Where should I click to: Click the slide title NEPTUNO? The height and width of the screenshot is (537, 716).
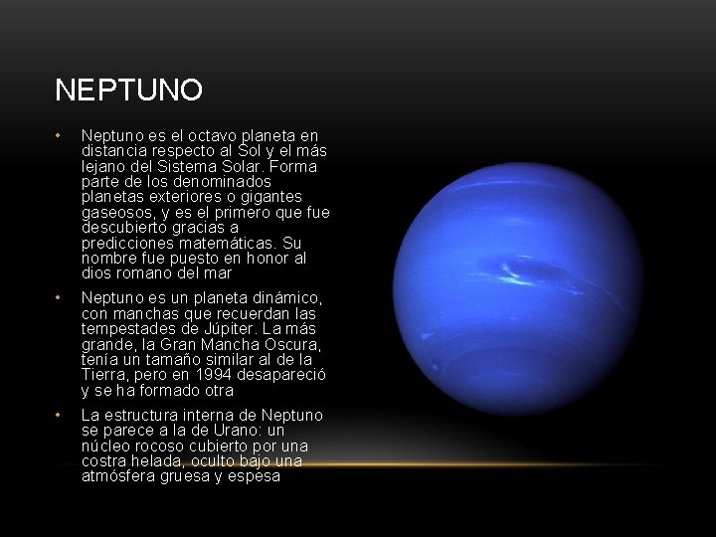pos(129,90)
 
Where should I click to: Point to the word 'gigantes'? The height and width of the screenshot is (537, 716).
pos(301,197)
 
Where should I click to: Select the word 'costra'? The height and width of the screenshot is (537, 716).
pos(104,460)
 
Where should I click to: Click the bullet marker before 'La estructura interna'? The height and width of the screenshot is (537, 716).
pos(60,415)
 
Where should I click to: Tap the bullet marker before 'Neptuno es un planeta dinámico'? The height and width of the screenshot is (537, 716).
pos(60,298)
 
